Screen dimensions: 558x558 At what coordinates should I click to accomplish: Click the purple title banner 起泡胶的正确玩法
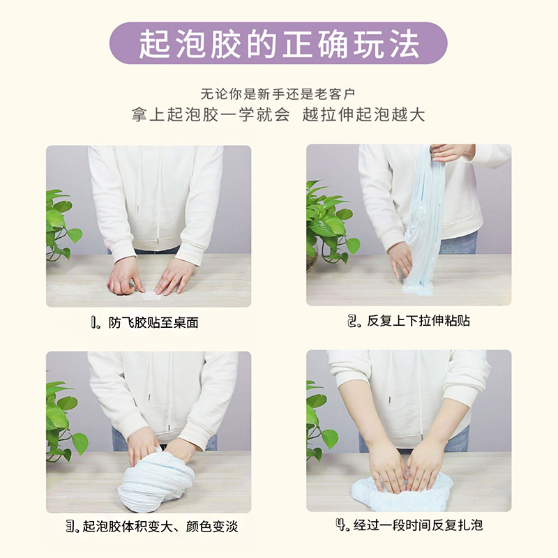pos(279,43)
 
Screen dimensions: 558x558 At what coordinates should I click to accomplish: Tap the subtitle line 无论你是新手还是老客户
pos(279,93)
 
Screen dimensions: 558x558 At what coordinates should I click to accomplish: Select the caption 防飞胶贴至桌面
pos(153,323)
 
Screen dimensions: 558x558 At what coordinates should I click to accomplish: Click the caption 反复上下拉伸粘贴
pos(417,322)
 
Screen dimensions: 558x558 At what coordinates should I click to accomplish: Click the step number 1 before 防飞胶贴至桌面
pos(96,323)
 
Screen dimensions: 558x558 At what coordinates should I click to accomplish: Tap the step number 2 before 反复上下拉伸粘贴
pos(353,322)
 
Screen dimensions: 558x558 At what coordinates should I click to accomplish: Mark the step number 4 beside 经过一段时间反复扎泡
pos(341,525)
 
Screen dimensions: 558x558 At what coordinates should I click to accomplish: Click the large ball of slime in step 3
pos(156,479)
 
